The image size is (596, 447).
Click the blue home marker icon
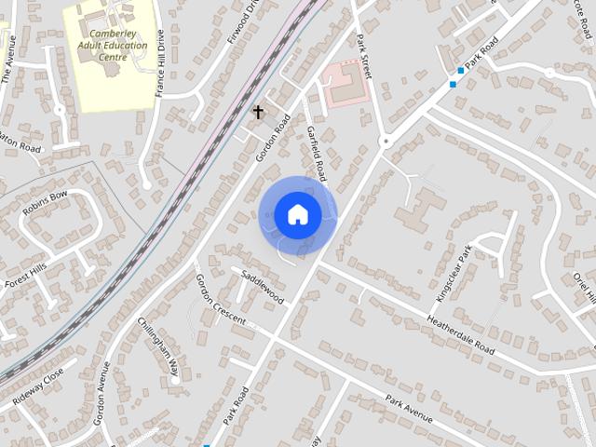click(297, 215)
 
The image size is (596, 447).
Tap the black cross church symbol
click(259, 113)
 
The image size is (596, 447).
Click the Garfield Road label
click(318, 154)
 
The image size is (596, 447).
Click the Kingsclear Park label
click(455, 273)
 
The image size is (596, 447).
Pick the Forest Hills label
click(25, 277)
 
